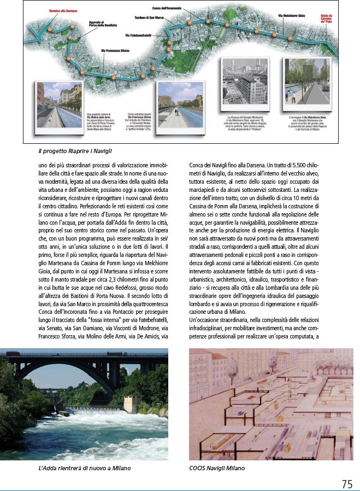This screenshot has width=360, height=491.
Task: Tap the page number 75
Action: (347, 483)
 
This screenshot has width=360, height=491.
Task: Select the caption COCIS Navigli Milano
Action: (217, 468)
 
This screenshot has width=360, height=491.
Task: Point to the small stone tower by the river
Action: (132, 404)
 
